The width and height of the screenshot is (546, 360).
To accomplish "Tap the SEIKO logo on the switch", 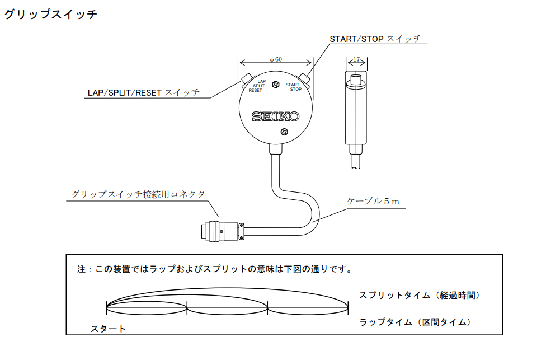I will pyautogui.click(x=275, y=116).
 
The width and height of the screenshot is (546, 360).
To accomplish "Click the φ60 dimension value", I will pyautogui.click(x=275, y=59).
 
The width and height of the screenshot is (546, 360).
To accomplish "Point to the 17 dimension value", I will pyautogui.click(x=356, y=59).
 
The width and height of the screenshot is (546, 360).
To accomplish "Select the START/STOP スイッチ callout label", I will pyautogui.click(x=375, y=39).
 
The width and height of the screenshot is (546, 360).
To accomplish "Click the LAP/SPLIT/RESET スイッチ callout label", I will pyautogui.click(x=143, y=92).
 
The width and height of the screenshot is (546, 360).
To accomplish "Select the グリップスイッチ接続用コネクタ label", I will pyautogui.click(x=138, y=194).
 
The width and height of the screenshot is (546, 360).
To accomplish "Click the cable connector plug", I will pyautogui.click(x=220, y=230).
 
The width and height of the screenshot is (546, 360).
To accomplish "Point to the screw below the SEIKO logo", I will pyautogui.click(x=284, y=132).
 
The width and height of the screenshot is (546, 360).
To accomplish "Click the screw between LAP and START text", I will pyautogui.click(x=275, y=85).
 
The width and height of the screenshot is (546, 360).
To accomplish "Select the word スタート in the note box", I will pyautogui.click(x=109, y=329).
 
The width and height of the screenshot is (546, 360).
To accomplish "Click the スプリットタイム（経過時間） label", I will pyautogui.click(x=420, y=295).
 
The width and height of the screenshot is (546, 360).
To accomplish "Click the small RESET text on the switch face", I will pyautogui.click(x=255, y=90).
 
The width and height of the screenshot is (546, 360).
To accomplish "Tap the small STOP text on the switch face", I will pyautogui.click(x=295, y=89).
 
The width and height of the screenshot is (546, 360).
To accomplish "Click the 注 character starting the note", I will pyautogui.click(x=81, y=269).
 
